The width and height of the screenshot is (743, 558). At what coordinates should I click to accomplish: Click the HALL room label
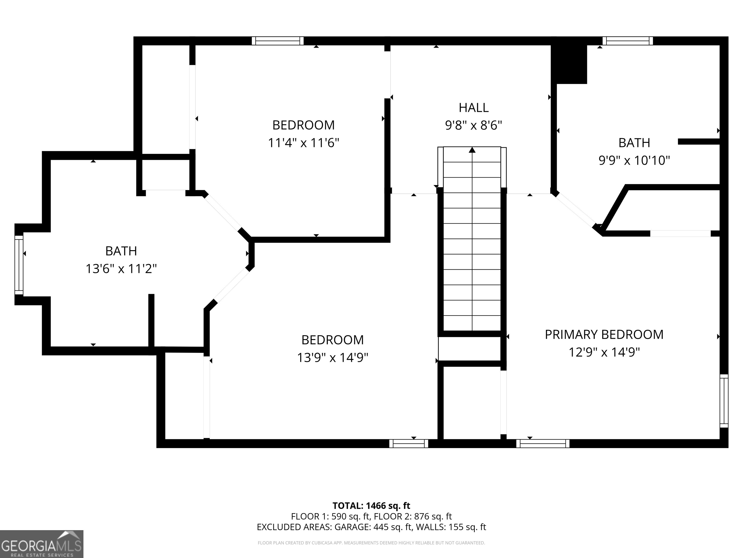pos(473,108)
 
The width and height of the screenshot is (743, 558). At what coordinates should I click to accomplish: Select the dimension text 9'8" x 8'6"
pos(473,125)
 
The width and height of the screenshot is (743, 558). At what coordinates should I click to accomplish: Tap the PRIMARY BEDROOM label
pos(604,335)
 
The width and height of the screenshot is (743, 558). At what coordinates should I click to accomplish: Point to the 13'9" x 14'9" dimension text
pos(332,357)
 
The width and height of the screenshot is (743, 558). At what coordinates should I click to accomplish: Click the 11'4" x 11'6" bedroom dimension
pos(303,143)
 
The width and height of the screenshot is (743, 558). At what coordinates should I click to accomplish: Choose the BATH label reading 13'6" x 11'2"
pos(121,251)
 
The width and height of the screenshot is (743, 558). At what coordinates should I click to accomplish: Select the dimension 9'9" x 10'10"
pos(634,160)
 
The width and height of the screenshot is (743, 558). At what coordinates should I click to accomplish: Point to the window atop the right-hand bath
pos(627,41)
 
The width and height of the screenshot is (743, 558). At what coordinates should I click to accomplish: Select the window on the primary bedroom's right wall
pos(724,401)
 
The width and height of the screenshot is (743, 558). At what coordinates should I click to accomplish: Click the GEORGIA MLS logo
pos(41,544)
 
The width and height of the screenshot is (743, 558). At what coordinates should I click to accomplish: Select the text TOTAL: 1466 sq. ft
pos(371,505)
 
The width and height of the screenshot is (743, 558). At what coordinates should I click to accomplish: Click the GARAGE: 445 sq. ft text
pos(373,527)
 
